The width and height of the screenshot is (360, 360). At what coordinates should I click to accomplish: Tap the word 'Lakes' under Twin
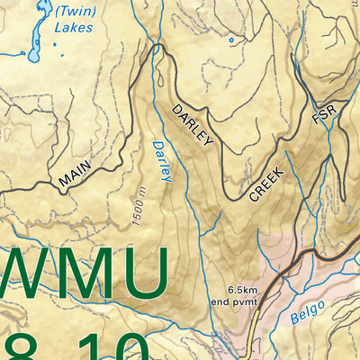click(73, 28)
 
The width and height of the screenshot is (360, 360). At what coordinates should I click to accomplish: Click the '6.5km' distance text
click(244, 290)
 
